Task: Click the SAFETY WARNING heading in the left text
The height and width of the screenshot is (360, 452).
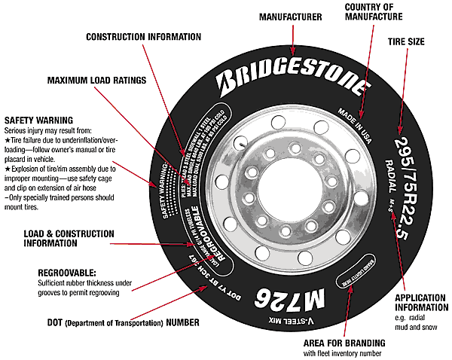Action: coord(38,120)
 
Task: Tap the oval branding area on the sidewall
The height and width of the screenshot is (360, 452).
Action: coord(356,275)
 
